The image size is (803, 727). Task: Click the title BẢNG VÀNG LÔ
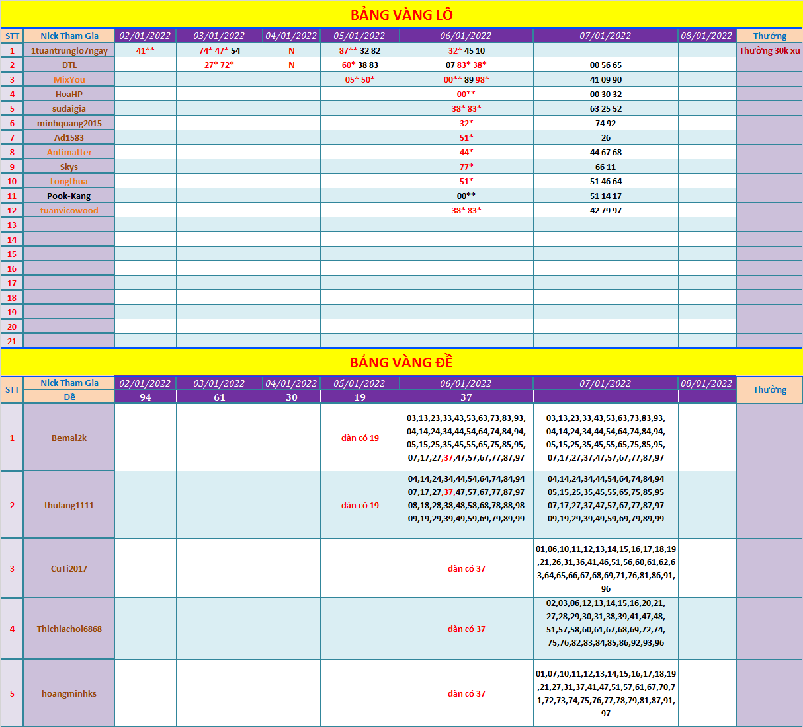coord(401,15)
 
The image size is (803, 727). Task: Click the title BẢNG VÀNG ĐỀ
coord(401,362)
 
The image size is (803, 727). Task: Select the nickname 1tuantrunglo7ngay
coord(69,50)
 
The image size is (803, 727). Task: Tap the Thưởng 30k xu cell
coord(769,50)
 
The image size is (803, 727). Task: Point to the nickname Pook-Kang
coord(69,196)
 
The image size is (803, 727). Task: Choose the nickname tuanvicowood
coord(69,210)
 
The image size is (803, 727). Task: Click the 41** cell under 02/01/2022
coord(146,50)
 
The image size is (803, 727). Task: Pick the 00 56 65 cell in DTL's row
coord(605,65)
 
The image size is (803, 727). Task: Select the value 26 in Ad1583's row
coord(605,137)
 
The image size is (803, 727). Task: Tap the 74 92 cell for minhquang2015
coord(605,123)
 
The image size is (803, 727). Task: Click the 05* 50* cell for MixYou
coord(360,79)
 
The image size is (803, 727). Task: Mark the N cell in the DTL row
coord(292,65)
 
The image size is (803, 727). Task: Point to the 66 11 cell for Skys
coord(605,167)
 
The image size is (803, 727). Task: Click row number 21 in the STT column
coord(12,341)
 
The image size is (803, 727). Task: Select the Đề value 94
coord(146,397)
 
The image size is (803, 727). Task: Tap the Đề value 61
coord(220,397)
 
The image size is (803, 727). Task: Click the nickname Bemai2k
coord(69,438)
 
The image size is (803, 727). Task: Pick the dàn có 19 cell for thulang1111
coord(360,505)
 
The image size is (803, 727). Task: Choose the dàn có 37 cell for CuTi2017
coord(466,568)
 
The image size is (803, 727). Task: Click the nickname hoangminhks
coord(69,693)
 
